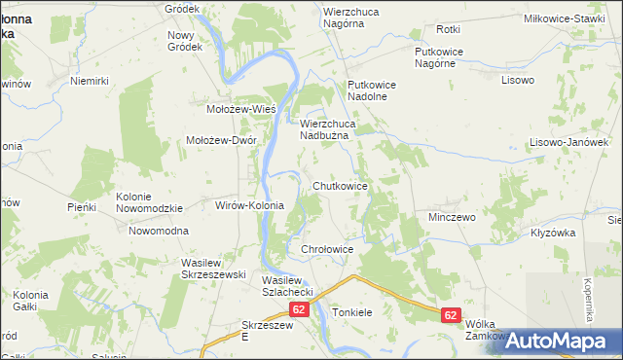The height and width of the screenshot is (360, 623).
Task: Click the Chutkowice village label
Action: click(x=340, y=185)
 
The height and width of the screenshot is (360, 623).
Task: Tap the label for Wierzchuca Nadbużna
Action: click(x=338, y=130)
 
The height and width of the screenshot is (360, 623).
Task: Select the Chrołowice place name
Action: click(x=325, y=250)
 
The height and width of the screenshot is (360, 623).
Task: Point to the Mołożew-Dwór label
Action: click(x=221, y=140)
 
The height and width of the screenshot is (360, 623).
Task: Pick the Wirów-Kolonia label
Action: click(x=248, y=205)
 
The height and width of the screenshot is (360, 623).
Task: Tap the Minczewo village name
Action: click(x=452, y=217)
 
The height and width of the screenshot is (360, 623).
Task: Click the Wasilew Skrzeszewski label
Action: click(x=212, y=270)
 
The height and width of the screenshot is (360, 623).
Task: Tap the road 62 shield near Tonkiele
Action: click(x=299, y=310)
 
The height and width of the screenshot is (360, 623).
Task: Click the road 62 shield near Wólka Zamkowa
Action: click(x=450, y=315)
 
